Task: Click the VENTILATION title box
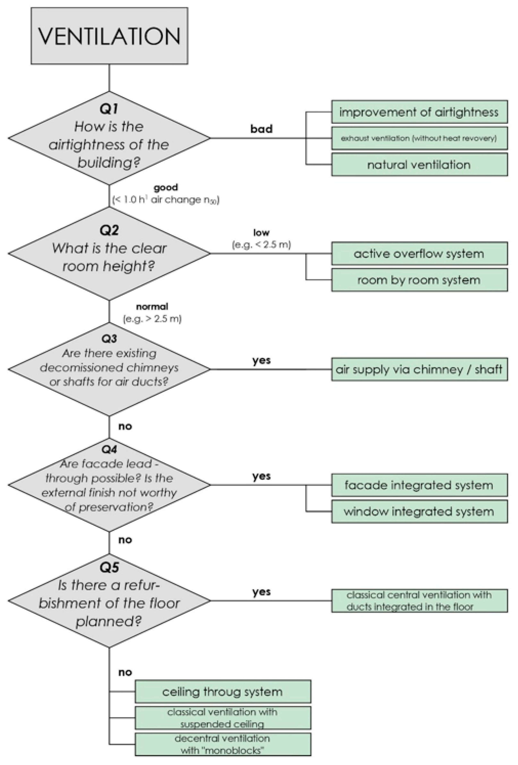click(x=109, y=36)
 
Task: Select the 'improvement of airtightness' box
click(x=419, y=112)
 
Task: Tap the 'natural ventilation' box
click(x=419, y=165)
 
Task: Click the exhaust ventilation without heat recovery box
click(x=419, y=138)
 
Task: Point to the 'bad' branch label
click(x=261, y=129)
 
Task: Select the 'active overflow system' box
click(x=419, y=253)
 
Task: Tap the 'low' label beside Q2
click(x=261, y=233)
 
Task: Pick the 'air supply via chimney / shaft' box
click(x=419, y=369)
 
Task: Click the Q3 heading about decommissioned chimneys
click(x=109, y=338)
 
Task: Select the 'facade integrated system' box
click(x=419, y=485)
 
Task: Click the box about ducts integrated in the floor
click(x=419, y=601)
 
